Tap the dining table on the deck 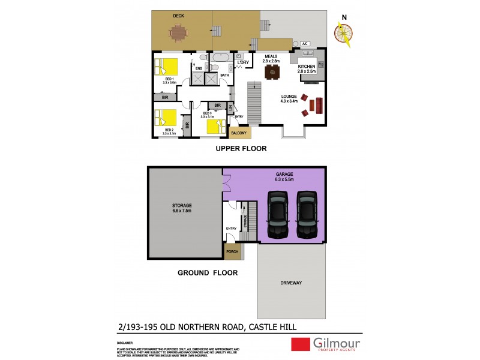point(178,34)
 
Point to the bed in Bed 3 point(216,126)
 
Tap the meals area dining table point(272,71)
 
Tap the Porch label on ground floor point(232,252)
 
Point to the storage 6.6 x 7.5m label point(181,208)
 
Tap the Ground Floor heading point(208,272)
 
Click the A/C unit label point(304,44)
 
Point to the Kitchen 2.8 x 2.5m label point(307,68)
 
